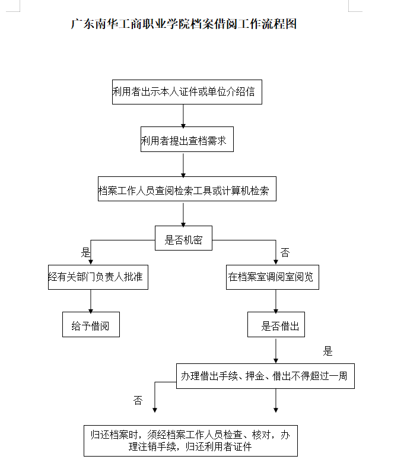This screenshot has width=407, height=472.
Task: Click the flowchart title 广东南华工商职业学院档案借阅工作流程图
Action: pos(183,24)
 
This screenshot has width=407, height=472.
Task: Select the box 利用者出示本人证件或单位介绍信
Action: pos(187,92)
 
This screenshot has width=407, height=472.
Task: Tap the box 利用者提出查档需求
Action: pos(187,141)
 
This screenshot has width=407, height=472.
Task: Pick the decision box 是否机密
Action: pos(183,239)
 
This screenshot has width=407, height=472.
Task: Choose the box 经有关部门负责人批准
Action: pos(98,277)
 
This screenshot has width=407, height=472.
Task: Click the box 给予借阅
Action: pos(91,326)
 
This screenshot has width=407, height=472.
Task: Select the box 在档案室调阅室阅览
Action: pos(272,277)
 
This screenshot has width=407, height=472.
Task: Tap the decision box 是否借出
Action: pos(276,326)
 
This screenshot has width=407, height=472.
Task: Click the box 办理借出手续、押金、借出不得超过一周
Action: pos(265,376)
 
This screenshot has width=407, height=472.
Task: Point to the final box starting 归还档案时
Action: pos(190,440)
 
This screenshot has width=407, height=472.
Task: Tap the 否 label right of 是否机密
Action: pos(285,253)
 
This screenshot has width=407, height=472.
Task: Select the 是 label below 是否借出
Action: pos(327,351)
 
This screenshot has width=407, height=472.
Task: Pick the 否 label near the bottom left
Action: pos(138,401)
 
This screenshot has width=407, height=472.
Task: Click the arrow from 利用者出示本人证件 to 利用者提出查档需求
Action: pos(183,116)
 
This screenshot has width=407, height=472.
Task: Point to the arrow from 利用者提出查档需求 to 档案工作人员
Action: pos(183,165)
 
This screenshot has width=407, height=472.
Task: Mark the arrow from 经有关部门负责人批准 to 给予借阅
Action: pos(91,301)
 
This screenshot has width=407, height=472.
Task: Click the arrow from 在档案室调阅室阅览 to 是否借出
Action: pos(276,301)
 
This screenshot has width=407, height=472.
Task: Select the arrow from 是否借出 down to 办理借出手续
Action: pos(276,350)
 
